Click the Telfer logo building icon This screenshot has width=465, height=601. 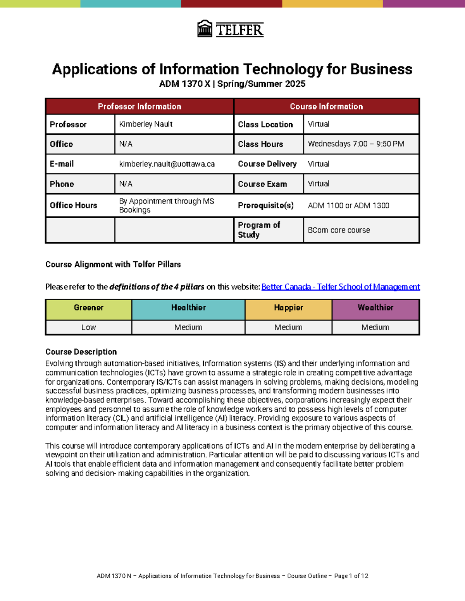click(205, 29)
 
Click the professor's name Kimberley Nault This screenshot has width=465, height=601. click(146, 124)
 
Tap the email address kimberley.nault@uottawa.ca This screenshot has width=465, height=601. click(167, 164)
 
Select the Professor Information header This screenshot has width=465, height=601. click(139, 106)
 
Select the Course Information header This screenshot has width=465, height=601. click(326, 106)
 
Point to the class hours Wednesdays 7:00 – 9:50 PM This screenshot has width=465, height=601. click(356, 144)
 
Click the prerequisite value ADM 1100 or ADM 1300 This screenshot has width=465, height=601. click(348, 205)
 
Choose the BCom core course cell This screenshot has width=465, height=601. click(339, 230)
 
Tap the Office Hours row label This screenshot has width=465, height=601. click(73, 205)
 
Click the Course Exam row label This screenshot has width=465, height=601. click(262, 184)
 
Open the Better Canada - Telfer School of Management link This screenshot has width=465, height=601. click(340, 287)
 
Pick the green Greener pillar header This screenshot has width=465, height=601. click(89, 308)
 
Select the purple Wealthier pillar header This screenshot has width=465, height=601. click(375, 308)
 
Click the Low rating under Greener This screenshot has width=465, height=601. click(89, 327)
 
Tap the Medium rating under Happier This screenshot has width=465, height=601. click(288, 327)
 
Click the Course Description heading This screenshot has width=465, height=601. click(81, 352)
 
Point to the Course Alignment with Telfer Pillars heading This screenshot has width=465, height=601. click(113, 264)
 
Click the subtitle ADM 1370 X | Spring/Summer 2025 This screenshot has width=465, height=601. click(232, 84)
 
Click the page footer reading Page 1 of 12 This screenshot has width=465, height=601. click(351, 576)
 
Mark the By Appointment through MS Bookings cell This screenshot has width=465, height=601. click(167, 205)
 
